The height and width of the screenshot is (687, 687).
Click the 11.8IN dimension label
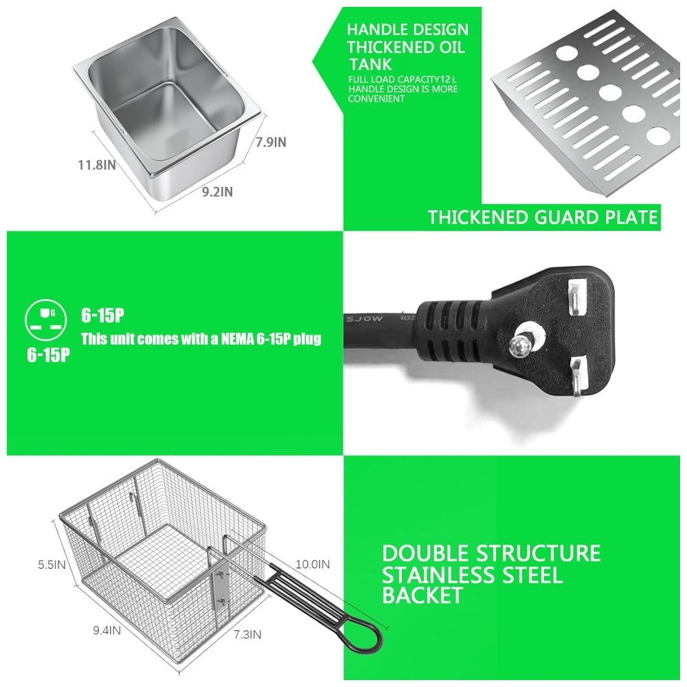pos(97,165)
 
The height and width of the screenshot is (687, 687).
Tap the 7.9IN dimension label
pos(271,142)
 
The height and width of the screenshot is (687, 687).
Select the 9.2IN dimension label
pos(217,192)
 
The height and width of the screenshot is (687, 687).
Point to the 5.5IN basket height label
pos(52,564)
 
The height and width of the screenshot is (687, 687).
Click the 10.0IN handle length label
pos(313,564)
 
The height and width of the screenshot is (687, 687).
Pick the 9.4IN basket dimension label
pos(107,631)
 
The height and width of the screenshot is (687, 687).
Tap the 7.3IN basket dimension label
pos(247,634)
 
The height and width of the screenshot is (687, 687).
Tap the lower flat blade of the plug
pos(578,376)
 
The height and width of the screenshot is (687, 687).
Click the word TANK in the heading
pos(371,65)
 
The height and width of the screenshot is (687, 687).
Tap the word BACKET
pos(423,596)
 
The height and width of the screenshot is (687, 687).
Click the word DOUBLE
pos(426,553)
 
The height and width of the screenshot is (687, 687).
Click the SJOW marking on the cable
pos(365,318)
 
